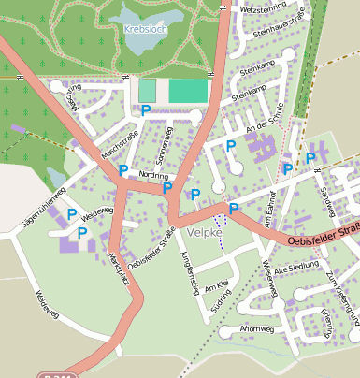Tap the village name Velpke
coord(204,231)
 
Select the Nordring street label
coord(152,175)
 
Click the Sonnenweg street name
coord(162,140)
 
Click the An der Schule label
coord(263,127)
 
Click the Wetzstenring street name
coord(263,8)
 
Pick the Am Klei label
coord(216,283)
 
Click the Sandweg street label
coord(327,198)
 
